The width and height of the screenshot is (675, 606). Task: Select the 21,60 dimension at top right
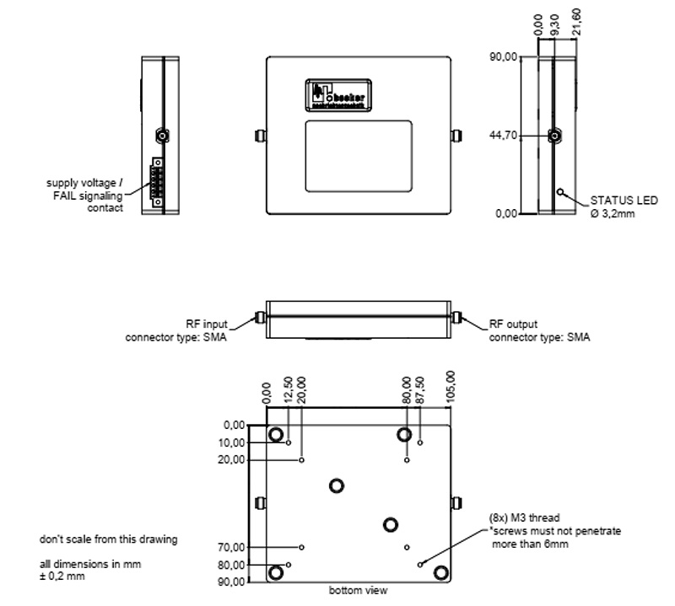[577, 22]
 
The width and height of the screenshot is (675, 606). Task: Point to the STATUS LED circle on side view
[559, 190]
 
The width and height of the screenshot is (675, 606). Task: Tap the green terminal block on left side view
[158, 181]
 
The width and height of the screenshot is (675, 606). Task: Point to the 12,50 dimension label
[289, 389]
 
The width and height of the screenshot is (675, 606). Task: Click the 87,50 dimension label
[420, 389]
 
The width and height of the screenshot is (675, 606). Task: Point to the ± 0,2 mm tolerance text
[62, 577]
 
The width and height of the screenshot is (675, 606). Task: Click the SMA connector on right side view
[556, 136]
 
